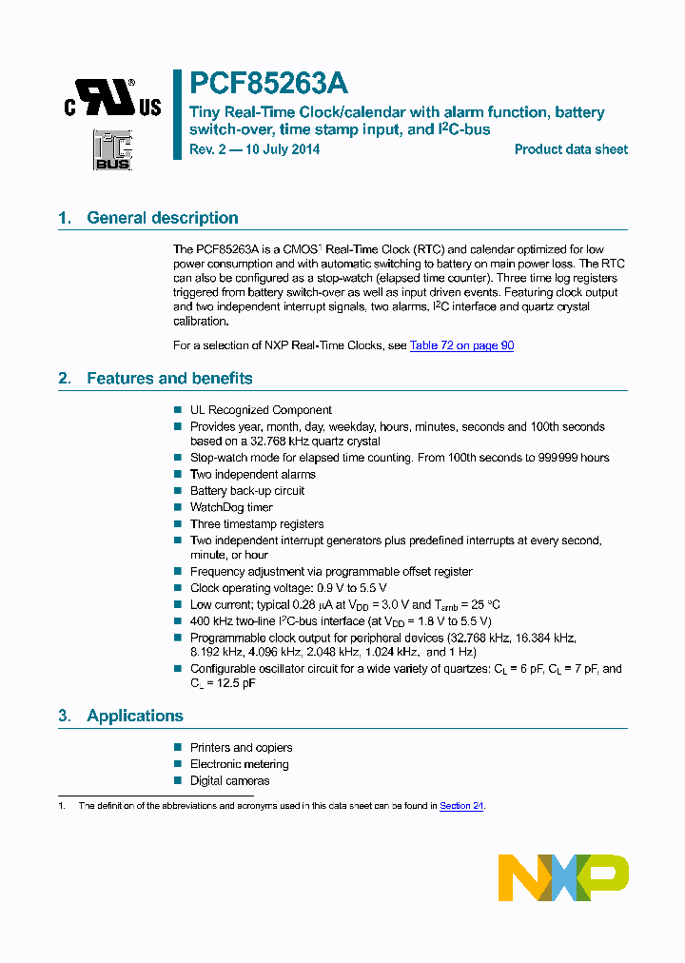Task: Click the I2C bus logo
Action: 112,151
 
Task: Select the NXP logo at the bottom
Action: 563,876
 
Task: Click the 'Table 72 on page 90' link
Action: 461,345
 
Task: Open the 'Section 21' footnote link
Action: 461,806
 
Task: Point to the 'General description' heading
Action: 162,218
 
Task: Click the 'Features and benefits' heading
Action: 169,379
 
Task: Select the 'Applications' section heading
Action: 134,716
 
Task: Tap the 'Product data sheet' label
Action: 571,149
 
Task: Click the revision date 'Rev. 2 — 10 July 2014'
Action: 254,149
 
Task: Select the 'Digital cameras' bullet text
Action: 229,781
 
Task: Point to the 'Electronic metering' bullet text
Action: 239,764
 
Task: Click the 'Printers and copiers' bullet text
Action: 241,748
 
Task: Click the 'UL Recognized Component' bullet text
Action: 261,410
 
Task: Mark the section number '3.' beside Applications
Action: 65,716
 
